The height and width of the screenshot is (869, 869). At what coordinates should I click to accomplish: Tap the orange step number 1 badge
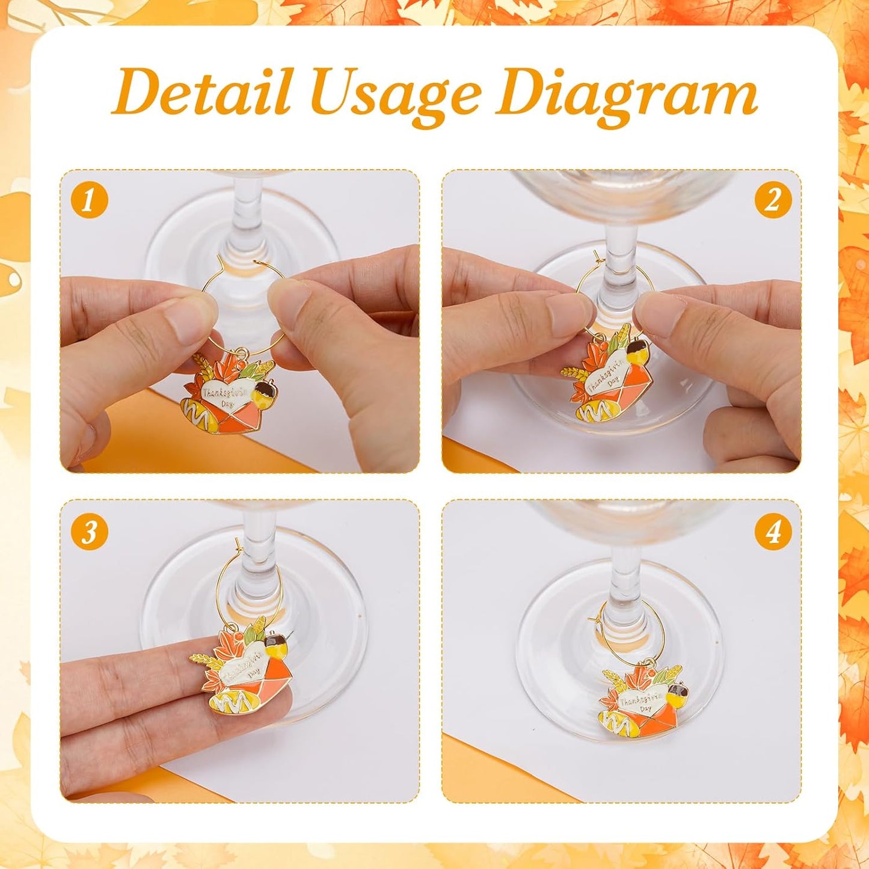[x=89, y=200]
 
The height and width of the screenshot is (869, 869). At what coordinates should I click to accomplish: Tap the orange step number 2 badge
[x=772, y=200]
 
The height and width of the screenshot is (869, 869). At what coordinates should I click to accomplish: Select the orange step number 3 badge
[x=89, y=531]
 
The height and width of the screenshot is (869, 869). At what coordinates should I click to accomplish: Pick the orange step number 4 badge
[x=772, y=531]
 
